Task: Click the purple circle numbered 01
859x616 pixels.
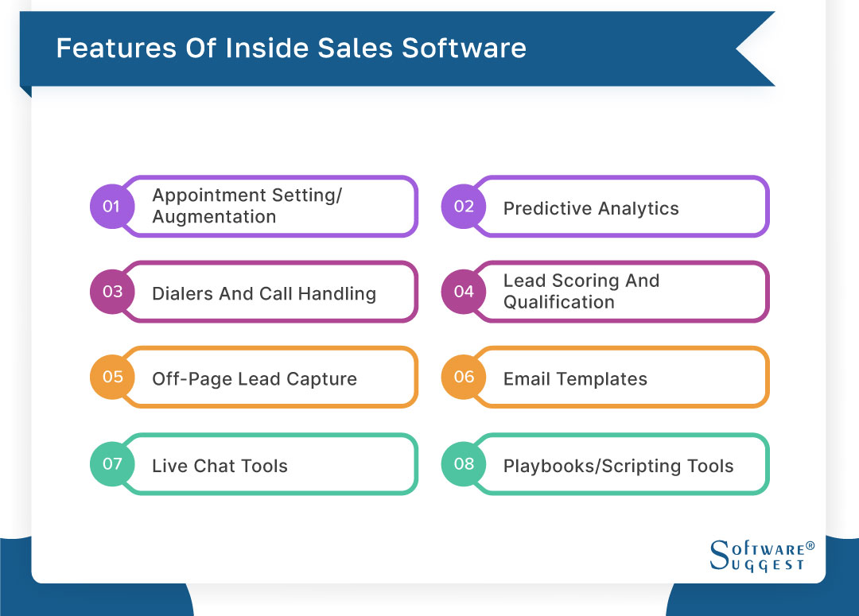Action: pos(111,207)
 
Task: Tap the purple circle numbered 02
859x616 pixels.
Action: pos(464,207)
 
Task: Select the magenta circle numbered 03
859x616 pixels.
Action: pos(111,292)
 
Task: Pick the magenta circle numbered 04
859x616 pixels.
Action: pos(464,292)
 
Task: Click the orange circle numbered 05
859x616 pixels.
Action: pos(111,377)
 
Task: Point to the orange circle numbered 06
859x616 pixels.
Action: pos(464,377)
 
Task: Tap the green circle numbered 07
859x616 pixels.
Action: pos(111,463)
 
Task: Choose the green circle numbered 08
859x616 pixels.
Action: pos(464,463)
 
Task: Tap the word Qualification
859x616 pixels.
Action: pos(558,303)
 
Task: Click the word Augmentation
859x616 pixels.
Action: pos(214,217)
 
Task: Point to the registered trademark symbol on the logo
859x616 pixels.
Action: pos(810,547)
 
